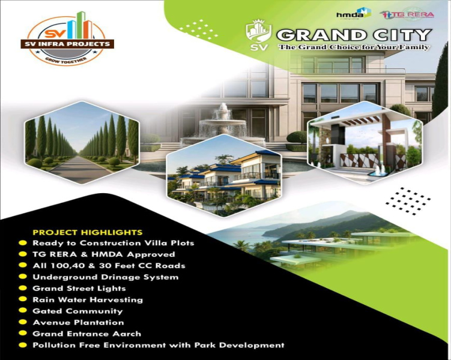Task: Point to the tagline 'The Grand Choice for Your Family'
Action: click(354, 47)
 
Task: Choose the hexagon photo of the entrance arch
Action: click(365, 142)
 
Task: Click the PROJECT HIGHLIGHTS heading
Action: click(88, 232)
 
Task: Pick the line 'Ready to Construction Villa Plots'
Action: click(113, 243)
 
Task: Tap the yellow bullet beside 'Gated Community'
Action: click(23, 311)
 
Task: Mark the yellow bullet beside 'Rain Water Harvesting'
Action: click(23, 299)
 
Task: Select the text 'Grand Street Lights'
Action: click(79, 288)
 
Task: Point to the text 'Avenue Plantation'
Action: click(78, 322)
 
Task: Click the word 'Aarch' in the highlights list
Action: click(128, 334)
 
